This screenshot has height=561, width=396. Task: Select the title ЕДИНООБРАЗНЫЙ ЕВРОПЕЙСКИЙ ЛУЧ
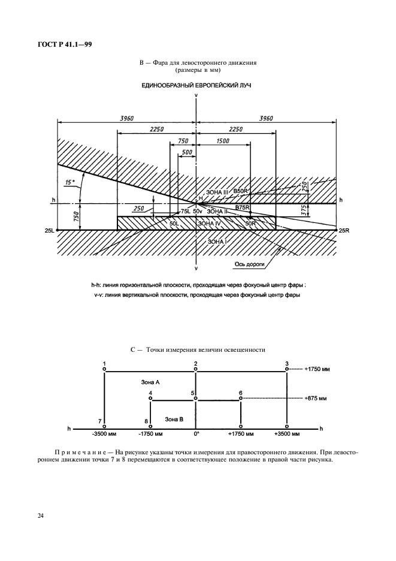[196, 86]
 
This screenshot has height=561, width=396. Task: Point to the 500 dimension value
[186, 153]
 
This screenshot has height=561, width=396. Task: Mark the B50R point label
[241, 191]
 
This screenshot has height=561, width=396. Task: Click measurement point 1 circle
[105, 371]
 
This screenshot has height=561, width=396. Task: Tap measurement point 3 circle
[288, 371]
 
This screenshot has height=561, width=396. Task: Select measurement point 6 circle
[240, 400]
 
